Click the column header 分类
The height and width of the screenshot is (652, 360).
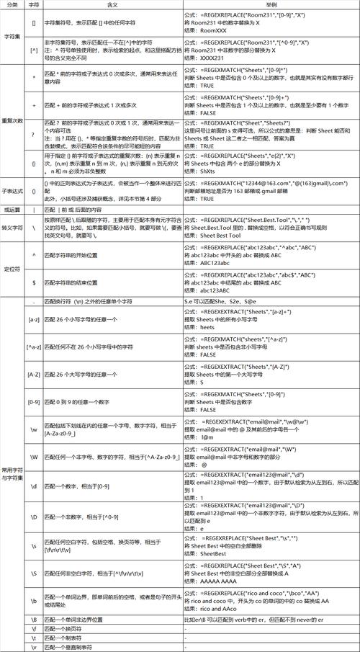[12, 4]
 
